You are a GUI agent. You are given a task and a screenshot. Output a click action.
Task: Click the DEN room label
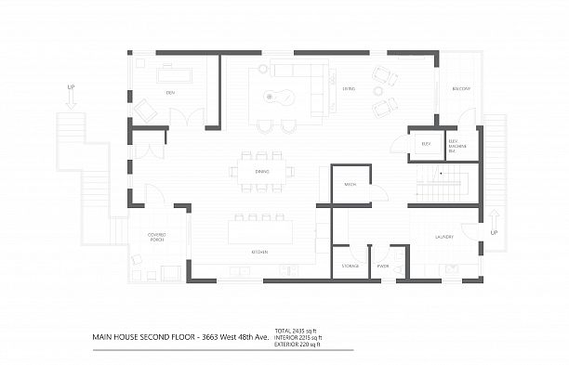click(170, 93)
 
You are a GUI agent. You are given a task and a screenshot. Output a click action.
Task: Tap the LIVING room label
click(349, 89)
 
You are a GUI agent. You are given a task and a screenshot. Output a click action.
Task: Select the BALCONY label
click(461, 89)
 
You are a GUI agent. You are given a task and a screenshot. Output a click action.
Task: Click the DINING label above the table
click(263, 171)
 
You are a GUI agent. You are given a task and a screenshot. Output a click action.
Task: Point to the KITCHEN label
click(260, 252)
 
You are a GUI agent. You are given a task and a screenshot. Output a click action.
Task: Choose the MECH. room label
click(351, 184)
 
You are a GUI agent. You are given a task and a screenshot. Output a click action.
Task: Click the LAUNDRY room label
click(443, 238)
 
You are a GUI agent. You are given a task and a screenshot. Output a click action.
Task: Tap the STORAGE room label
click(350, 266)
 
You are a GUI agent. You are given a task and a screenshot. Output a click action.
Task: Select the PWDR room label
click(382, 266)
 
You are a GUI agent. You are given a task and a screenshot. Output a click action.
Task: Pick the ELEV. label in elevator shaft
click(426, 144)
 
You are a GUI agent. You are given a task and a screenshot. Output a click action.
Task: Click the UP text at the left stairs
click(70, 87)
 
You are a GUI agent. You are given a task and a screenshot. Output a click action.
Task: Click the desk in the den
click(174, 73)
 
